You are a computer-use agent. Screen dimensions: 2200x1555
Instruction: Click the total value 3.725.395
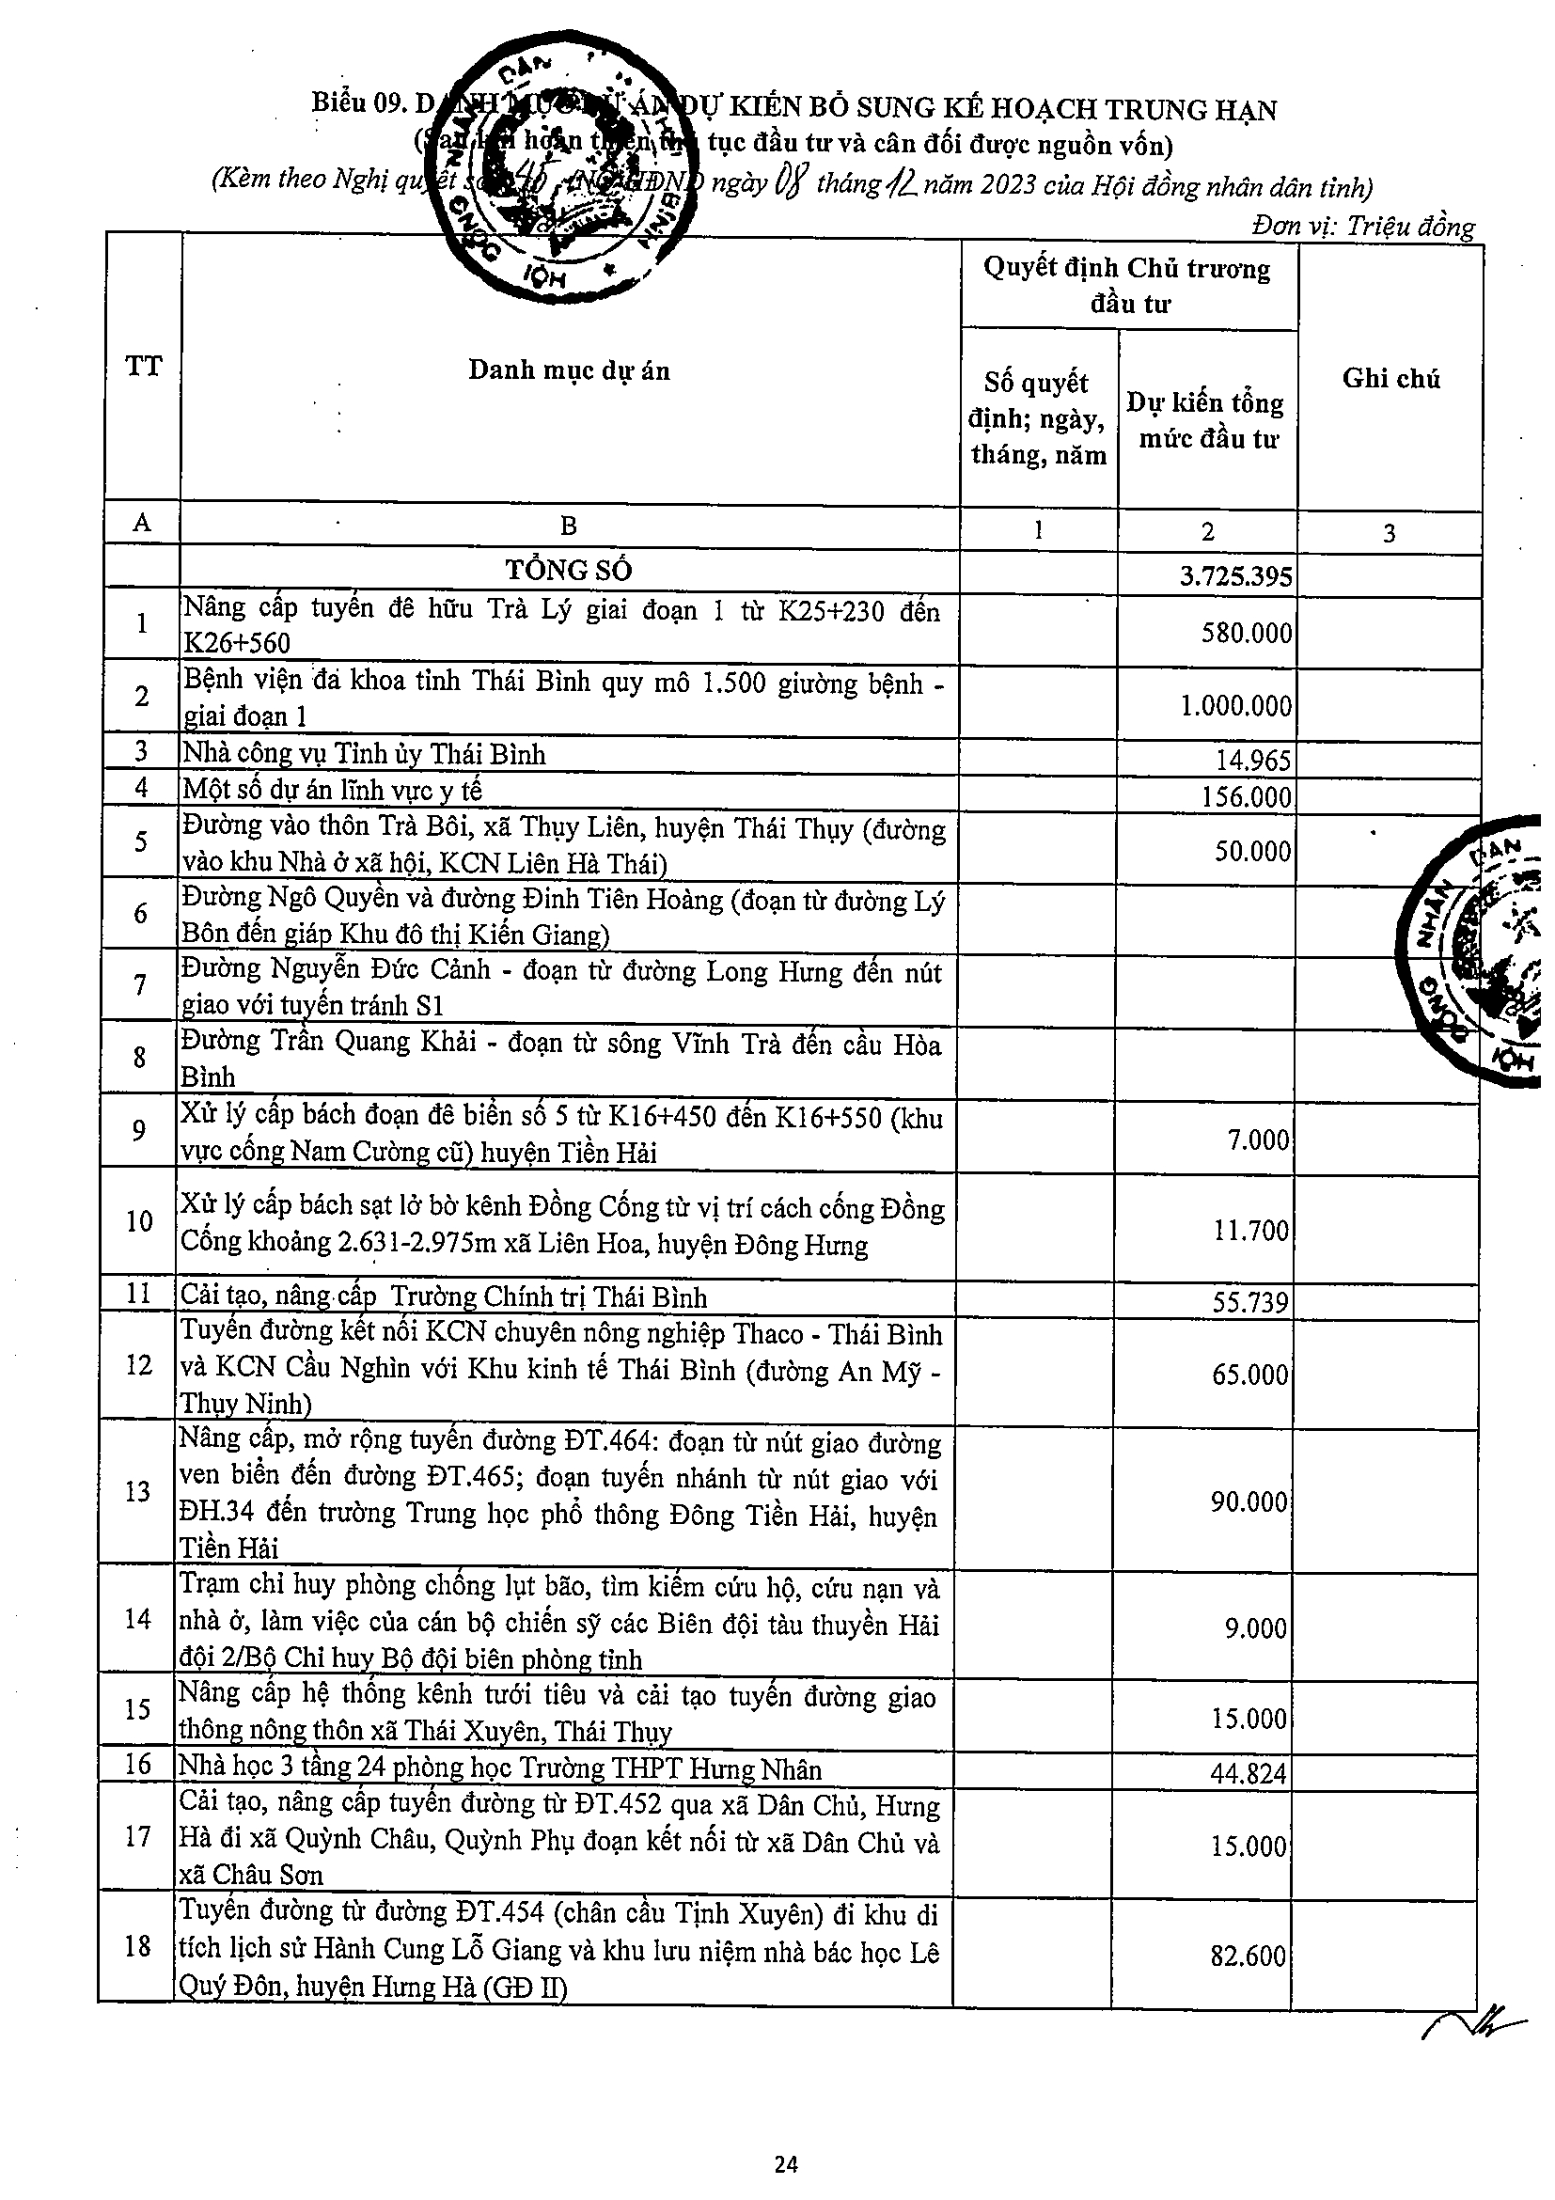[x=1236, y=576]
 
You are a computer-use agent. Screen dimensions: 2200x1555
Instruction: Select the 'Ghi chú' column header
[x=1390, y=379]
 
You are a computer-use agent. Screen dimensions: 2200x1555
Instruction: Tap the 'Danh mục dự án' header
[x=568, y=369]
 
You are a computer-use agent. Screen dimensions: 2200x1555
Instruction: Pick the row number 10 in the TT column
[x=140, y=1221]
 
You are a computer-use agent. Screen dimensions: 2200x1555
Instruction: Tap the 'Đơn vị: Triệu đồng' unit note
[x=1362, y=228]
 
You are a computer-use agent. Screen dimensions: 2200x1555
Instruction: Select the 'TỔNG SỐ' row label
[x=568, y=570]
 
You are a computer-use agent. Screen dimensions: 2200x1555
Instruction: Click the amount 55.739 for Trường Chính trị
[x=1250, y=1302]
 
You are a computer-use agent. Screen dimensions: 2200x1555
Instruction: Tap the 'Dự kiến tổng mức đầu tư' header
[x=1206, y=420]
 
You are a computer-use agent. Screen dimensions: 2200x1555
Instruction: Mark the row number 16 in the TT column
[x=140, y=1764]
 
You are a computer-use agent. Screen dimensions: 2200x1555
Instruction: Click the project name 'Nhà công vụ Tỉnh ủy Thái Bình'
[x=364, y=754]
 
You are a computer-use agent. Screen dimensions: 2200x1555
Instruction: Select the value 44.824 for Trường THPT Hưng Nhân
[x=1248, y=1773]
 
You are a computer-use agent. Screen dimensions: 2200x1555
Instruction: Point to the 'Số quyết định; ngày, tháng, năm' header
[x=1039, y=418]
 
